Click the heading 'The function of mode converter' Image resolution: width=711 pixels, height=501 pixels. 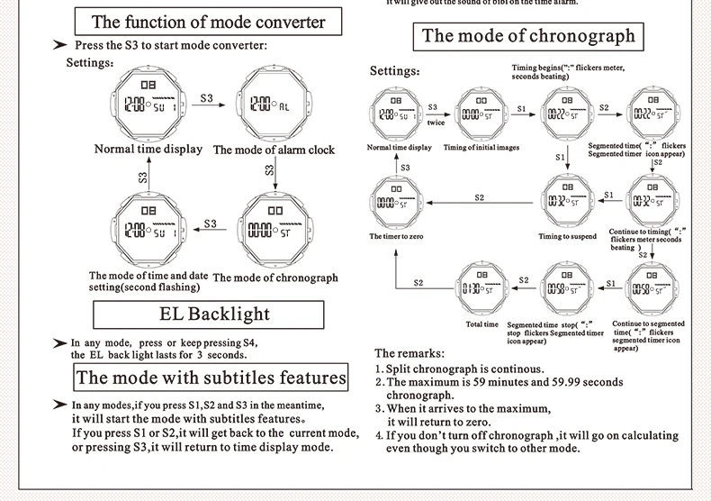click(208, 22)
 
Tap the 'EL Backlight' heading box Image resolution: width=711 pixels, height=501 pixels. click(208, 314)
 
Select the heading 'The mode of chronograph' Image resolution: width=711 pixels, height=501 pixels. click(528, 36)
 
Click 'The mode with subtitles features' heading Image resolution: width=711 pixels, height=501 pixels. click(211, 378)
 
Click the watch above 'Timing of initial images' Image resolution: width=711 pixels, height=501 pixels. click(481, 114)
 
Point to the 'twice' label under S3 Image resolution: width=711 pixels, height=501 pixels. click(436, 123)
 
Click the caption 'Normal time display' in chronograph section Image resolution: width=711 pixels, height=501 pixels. click(399, 147)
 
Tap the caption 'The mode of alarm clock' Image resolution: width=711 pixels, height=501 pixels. click(274, 150)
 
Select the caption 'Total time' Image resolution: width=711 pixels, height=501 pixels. click(481, 324)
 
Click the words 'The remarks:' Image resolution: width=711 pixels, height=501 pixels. click(409, 353)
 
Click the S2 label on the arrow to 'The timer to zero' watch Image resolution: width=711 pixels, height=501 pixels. click(479, 197)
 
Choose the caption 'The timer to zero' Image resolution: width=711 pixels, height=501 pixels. click(395, 236)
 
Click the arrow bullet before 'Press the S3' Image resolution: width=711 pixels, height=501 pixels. click(60, 45)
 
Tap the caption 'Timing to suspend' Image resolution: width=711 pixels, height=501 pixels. click(567, 236)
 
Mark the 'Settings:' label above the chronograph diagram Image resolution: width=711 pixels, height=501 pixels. click(394, 71)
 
